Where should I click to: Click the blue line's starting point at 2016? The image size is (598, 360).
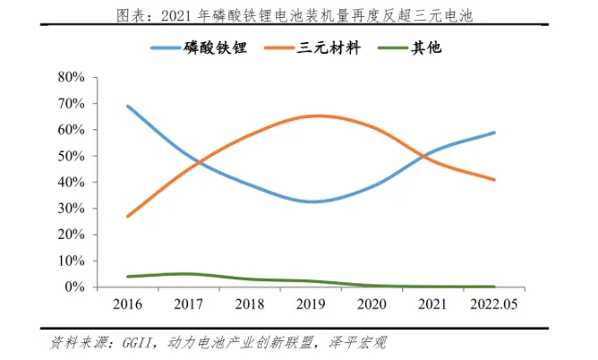tap(128, 107)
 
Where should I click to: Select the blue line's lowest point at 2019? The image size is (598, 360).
tap(312, 201)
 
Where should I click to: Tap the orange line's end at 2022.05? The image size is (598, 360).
tap(494, 180)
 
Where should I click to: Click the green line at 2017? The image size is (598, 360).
tap(189, 274)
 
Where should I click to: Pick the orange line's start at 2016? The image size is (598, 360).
tap(128, 216)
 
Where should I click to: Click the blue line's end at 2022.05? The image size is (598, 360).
tap(494, 133)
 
